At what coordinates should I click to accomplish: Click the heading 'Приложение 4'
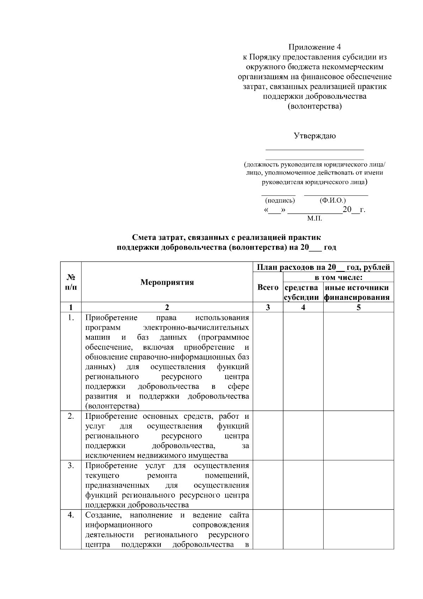coord(315,47)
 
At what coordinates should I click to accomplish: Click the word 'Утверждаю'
coord(315,136)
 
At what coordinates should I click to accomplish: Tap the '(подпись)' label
coord(280,200)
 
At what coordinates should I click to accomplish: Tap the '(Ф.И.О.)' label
coord(332,200)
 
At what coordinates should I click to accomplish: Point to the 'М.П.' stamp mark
coord(314,219)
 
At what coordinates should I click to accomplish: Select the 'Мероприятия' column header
coord(167,282)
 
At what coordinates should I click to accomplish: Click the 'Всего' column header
coord(268,288)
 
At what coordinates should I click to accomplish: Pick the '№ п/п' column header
coord(71,282)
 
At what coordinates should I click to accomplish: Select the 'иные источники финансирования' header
coord(358,292)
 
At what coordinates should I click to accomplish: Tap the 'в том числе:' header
coord(338,278)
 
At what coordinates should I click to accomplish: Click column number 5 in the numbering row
coord(358,307)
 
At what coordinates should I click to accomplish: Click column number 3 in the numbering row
coord(268,307)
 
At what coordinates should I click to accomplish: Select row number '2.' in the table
coord(71,416)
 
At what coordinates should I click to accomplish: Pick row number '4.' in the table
coord(71,515)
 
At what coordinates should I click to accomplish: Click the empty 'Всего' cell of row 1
coord(268,361)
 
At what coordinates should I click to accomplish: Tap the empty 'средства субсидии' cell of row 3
coord(303,485)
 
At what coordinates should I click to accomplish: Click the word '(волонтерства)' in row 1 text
coord(112,406)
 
